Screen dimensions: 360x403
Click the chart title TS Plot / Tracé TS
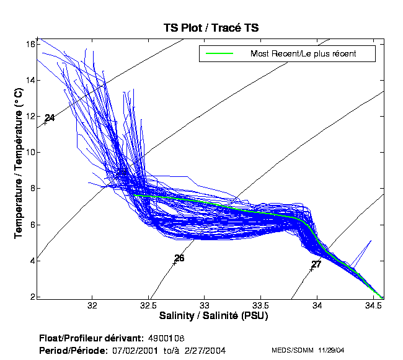click(211, 28)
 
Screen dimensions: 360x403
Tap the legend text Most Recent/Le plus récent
click(303, 54)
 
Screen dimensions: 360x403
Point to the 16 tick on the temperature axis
click(29, 45)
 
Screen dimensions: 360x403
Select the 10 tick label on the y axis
click(29, 153)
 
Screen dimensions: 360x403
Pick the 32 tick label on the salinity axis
click(93, 306)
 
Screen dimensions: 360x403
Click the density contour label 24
click(50, 118)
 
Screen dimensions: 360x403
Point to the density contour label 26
click(179, 258)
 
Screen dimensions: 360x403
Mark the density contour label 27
click(316, 264)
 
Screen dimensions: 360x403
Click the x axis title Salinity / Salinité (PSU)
click(213, 316)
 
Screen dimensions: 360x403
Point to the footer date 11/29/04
click(329, 351)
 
